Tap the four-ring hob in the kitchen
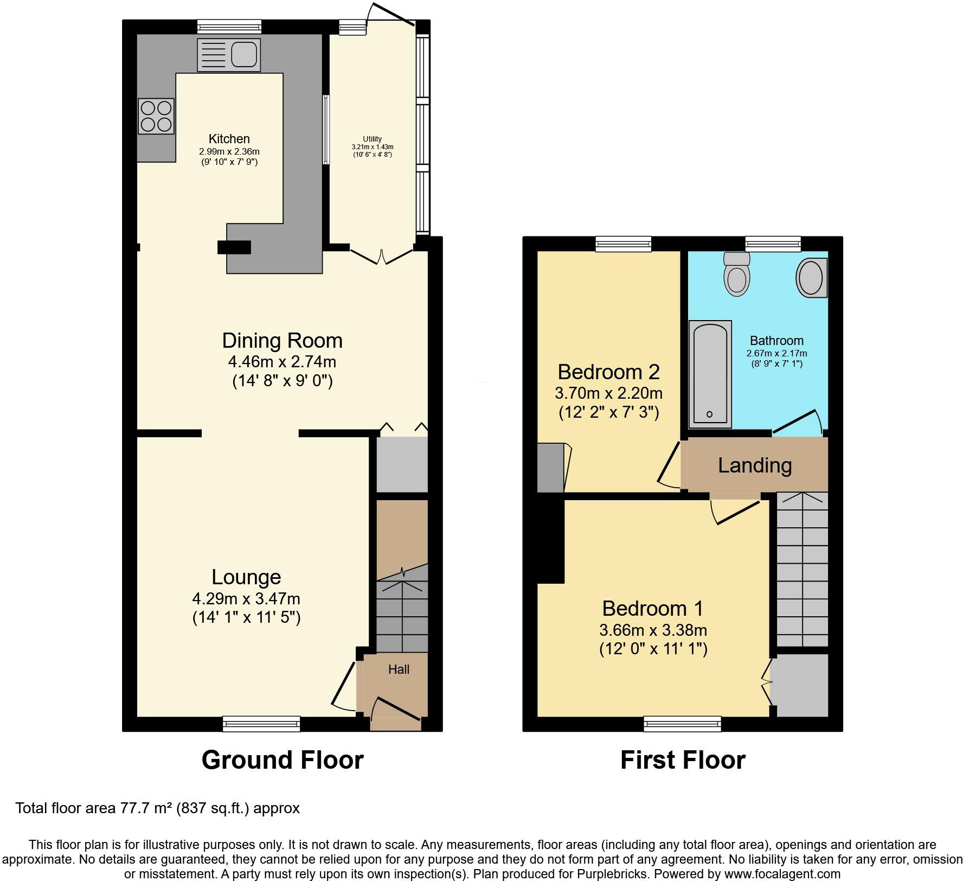157,116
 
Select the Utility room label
373,139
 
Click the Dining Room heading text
283,341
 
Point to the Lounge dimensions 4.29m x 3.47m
246,599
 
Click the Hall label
399,669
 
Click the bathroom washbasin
811,277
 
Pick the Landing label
755,465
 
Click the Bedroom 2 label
608,372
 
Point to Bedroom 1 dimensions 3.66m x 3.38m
653,630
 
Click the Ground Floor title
283,760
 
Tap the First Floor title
683,760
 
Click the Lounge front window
261,723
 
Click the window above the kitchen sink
229,27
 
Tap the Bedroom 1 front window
682,723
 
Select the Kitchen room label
229,139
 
